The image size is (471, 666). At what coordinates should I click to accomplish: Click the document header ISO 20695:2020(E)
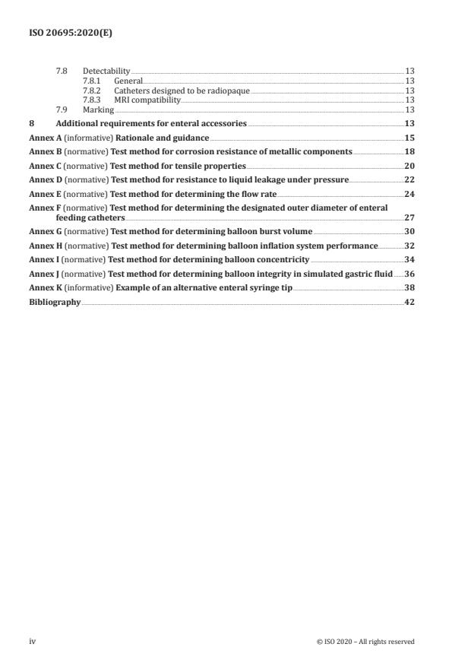[65, 34]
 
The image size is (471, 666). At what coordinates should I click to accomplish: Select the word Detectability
[106, 71]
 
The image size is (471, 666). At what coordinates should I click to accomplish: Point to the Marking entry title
[98, 109]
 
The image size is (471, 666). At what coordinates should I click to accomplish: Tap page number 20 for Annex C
[409, 165]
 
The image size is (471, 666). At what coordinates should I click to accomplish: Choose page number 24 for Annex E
[409, 193]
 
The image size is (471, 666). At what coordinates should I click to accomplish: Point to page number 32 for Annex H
[409, 246]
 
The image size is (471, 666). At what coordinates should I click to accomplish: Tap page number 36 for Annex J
[409, 274]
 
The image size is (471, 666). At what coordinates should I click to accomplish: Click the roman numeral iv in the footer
[33, 641]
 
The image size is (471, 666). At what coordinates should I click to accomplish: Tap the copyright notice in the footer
[365, 642]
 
